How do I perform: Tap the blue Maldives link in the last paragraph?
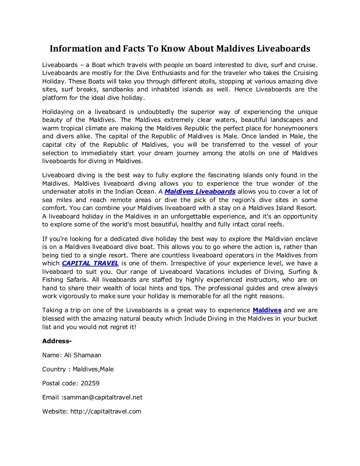coord(267,310)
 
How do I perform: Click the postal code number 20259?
coord(89,383)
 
